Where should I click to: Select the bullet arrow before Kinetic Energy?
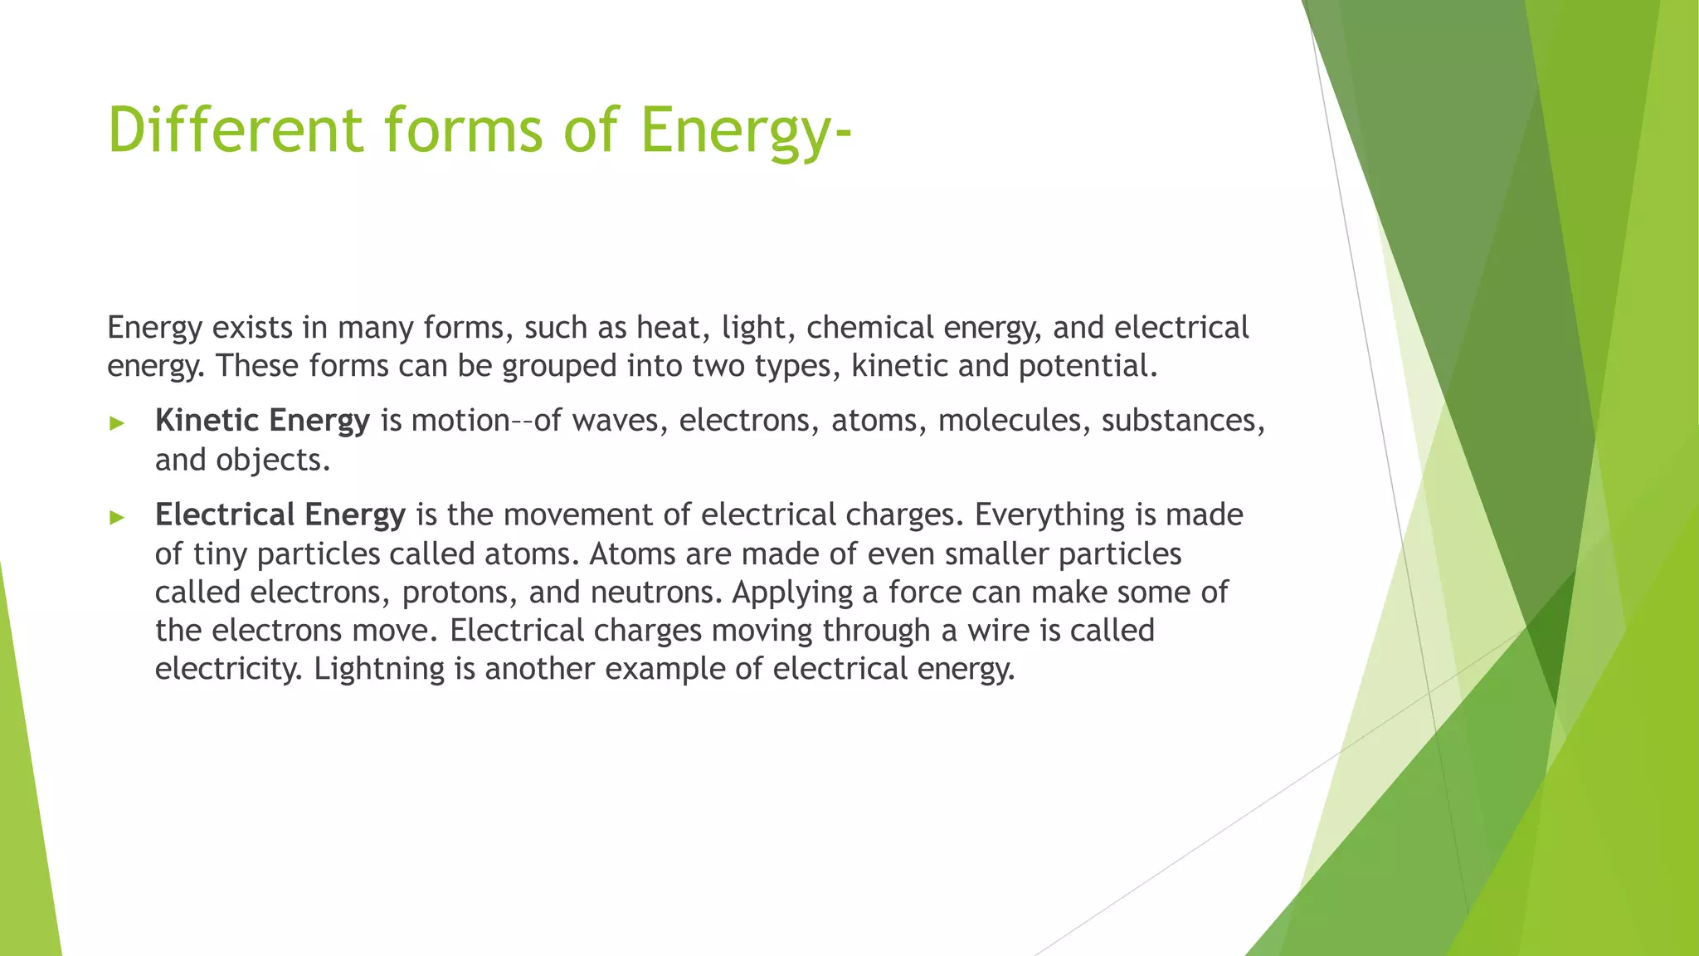click(x=117, y=423)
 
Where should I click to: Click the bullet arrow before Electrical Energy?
click(x=117, y=518)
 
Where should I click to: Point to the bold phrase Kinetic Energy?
click(x=262, y=421)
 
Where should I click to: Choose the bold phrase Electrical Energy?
click(x=280, y=515)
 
